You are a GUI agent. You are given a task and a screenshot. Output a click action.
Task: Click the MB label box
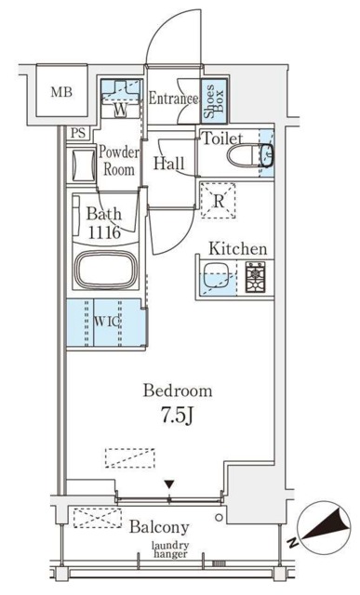click(x=61, y=92)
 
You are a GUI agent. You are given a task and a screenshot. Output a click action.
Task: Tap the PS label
click(x=80, y=133)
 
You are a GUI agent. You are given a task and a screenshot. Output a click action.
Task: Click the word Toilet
click(x=223, y=138)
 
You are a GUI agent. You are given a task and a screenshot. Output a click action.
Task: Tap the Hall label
click(x=169, y=165)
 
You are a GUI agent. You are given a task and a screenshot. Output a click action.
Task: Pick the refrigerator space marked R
click(x=218, y=200)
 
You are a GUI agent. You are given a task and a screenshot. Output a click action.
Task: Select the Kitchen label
click(x=237, y=248)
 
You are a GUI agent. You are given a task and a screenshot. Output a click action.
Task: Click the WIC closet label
click(x=105, y=323)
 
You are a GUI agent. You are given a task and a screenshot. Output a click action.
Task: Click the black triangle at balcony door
click(x=168, y=483)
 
